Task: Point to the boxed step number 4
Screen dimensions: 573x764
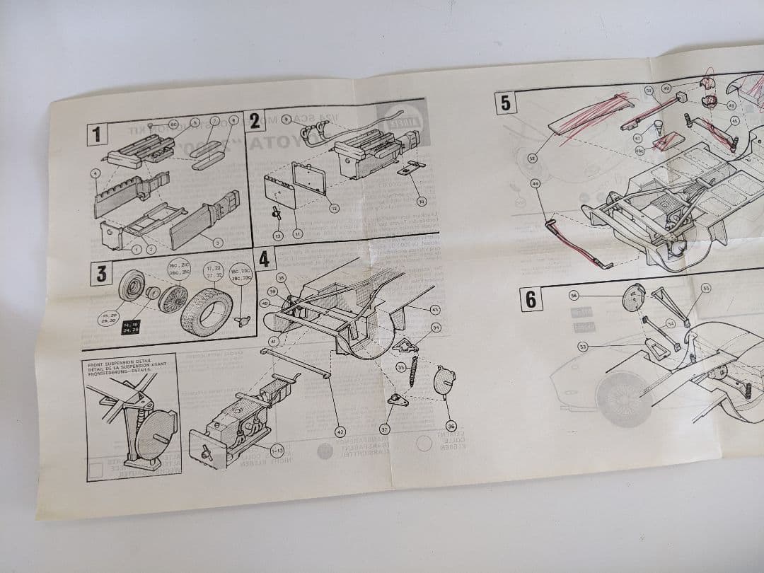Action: [x=264, y=259]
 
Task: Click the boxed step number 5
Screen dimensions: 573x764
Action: [x=505, y=103]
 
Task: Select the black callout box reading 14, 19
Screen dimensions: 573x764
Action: [x=131, y=327]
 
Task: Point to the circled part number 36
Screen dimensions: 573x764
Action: [x=451, y=425]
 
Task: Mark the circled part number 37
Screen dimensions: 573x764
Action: [x=385, y=429]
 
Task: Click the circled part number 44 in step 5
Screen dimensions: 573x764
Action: [x=535, y=184]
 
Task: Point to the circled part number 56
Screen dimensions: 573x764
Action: [x=574, y=295]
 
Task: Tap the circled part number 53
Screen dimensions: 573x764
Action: [x=583, y=347]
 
